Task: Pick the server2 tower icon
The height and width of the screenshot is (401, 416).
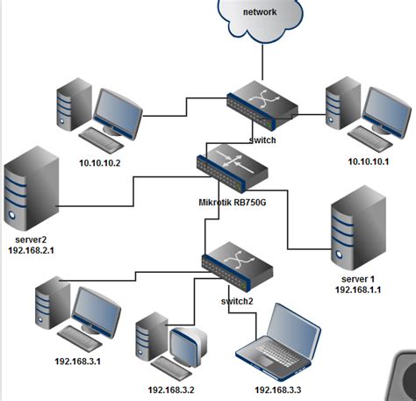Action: pyautogui.click(x=32, y=191)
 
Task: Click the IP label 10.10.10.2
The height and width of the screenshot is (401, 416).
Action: pyautogui.click(x=98, y=161)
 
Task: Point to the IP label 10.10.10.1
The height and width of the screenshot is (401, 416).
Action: pyautogui.click(x=367, y=161)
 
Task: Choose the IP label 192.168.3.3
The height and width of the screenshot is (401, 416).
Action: pyautogui.click(x=281, y=389)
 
